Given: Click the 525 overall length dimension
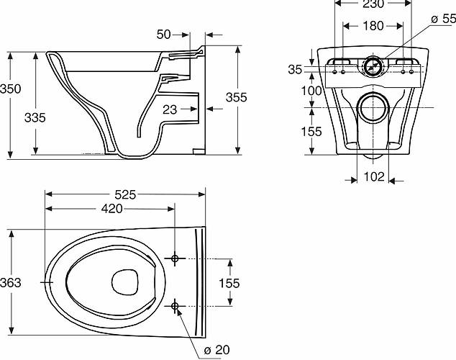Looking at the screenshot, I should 125,194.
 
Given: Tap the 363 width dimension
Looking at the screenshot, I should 11,282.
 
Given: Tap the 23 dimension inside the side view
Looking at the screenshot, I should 170,109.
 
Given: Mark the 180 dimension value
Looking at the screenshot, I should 372,27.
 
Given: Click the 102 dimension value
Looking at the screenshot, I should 373,176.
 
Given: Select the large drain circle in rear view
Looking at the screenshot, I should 373,107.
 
